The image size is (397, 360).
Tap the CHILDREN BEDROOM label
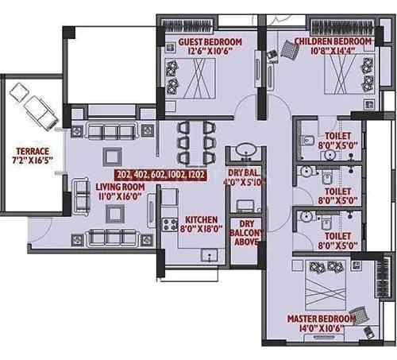tap(332, 41)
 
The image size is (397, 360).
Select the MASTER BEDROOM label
tap(319, 319)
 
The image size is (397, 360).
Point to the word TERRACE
tap(32, 151)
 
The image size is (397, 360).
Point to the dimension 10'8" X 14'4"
tap(332, 51)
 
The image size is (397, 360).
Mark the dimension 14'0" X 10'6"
tap(319, 328)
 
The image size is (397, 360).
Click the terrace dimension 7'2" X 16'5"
tap(32, 161)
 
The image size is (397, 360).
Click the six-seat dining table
tap(194, 140)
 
